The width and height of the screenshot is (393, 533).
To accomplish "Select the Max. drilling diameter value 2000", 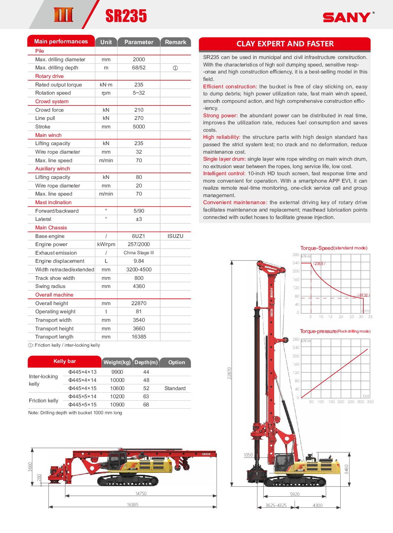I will (139, 59).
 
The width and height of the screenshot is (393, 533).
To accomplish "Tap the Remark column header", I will (175, 42).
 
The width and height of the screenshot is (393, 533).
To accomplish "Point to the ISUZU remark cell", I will (175, 236).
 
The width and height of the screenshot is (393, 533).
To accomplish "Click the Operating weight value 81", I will (139, 311).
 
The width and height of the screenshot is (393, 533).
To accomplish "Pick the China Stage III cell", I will (139, 253).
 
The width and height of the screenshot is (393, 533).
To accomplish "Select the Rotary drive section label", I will (49, 76).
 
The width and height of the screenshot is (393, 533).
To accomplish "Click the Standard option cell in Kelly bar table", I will (175, 388).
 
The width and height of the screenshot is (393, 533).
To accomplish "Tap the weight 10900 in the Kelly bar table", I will (117, 405).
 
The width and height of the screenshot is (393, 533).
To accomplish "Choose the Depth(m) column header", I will (146, 362).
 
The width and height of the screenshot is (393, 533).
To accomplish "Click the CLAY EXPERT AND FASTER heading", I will (285, 44).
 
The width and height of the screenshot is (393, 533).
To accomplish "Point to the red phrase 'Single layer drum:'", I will (224, 159).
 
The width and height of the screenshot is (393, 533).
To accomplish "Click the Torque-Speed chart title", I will (334, 248).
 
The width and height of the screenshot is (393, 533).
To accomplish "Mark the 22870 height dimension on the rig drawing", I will (230, 373).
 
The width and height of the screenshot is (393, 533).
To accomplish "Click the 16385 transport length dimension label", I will (132, 505).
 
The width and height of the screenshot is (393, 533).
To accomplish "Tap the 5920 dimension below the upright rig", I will (295, 494).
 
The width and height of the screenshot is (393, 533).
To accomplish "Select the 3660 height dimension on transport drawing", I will (30, 467).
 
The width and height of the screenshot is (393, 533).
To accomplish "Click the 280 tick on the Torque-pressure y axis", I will (296, 339).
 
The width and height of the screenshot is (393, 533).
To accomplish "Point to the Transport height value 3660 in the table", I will (139, 328).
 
